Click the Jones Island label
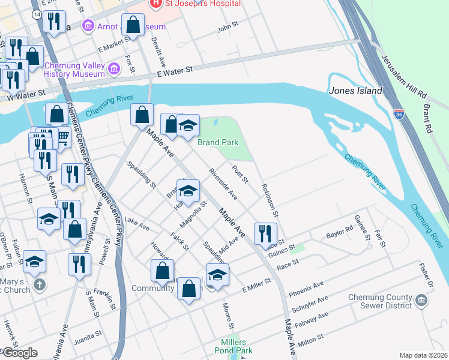pos(355,91)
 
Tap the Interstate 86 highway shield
pos(400,114)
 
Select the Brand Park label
pos(218,142)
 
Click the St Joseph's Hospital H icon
pos(155,4)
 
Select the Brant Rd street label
pos(428,120)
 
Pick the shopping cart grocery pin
pos(62,139)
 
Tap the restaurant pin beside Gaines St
pos(265,233)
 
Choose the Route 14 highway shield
pos(38,13)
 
